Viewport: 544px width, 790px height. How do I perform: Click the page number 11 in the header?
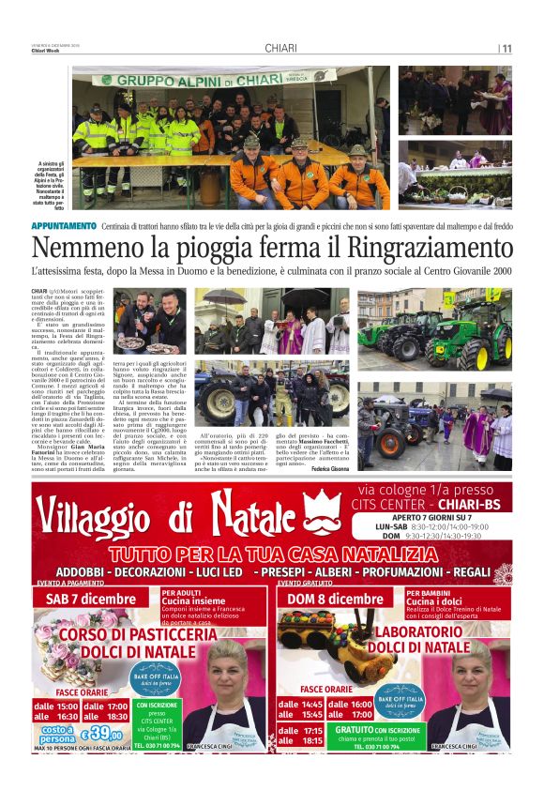(506, 49)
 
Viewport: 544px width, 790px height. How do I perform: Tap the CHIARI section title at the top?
(281, 48)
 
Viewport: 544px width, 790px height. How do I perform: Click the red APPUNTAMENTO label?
(63, 225)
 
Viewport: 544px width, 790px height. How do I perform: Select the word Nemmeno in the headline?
(78, 249)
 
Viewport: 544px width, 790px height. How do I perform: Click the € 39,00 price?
(101, 734)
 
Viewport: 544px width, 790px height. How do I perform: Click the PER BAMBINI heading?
(427, 593)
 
